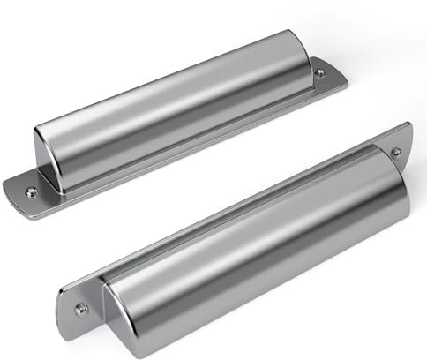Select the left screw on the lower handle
pos(82,308)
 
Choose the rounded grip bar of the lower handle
pos(256,238)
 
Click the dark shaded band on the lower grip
pos(265,265)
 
